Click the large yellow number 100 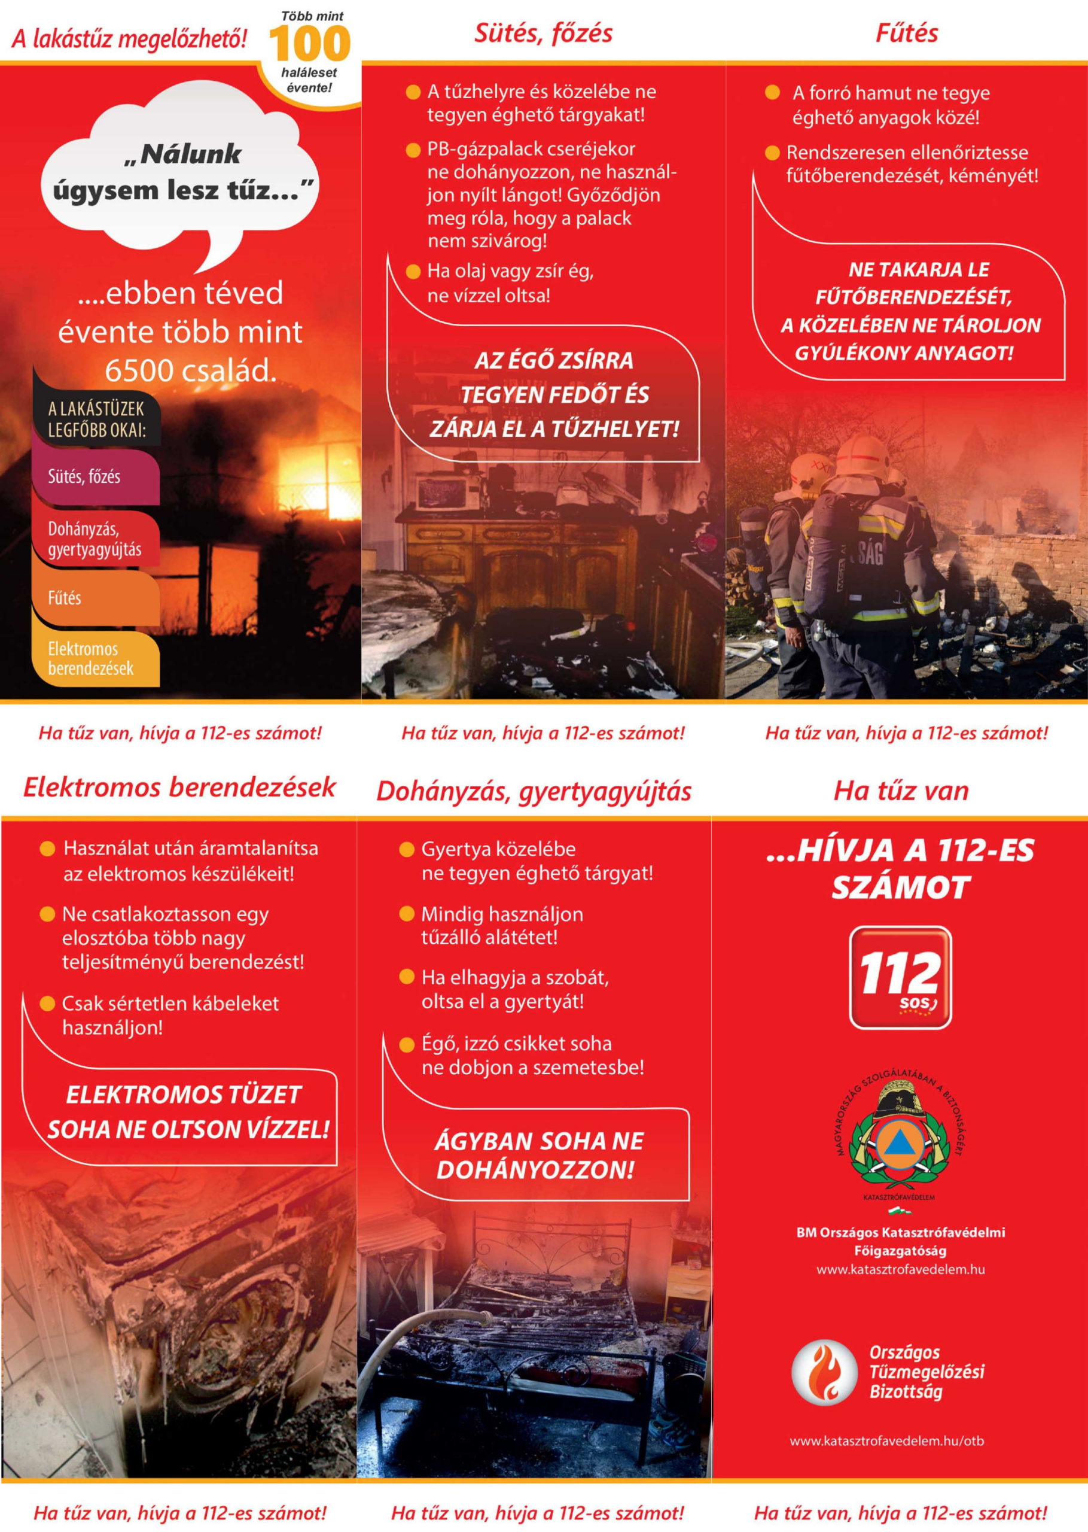[x=309, y=44]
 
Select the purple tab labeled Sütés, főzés [x=94, y=476]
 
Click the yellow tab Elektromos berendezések [x=94, y=658]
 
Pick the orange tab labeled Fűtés [x=94, y=597]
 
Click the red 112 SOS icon [x=900, y=977]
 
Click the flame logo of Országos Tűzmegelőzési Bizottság [x=824, y=1372]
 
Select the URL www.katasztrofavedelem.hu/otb [x=886, y=1441]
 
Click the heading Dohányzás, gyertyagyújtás [x=534, y=792]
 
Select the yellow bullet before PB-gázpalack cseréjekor [x=413, y=150]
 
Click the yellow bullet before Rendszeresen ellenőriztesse [x=772, y=153]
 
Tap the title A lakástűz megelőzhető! [x=129, y=39]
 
